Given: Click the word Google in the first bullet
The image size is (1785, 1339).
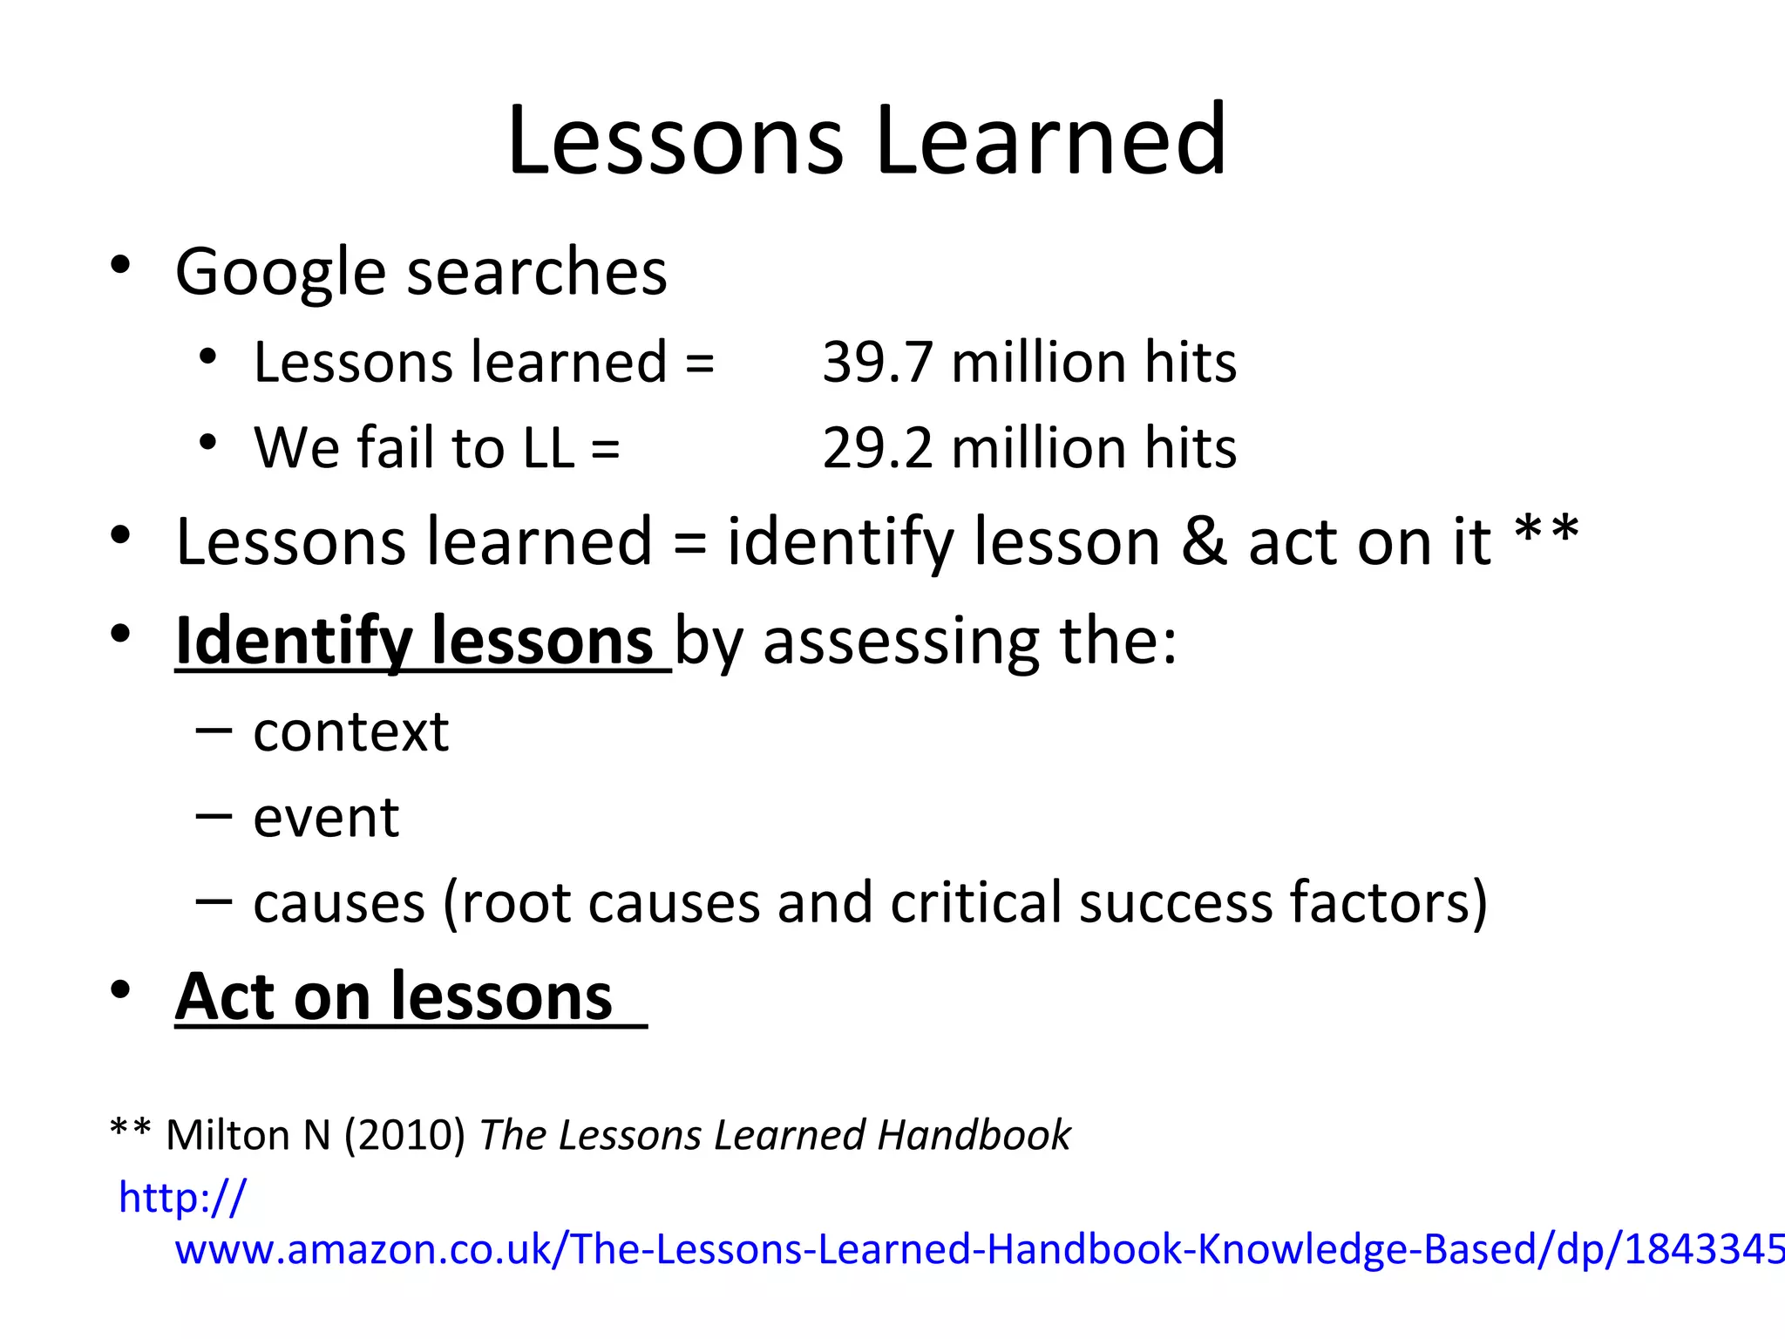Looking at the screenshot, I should pos(281,272).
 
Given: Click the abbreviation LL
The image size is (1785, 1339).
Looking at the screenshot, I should pos(548,448).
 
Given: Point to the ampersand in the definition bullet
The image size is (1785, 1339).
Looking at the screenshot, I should pos(1204,542).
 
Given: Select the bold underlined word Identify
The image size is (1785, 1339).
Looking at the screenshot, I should pos(293,642).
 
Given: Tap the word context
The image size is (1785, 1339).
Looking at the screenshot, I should pos(350,732).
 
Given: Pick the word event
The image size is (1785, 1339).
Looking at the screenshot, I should pos(326,819).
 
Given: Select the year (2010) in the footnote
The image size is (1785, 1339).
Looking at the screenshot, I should pos(404,1135).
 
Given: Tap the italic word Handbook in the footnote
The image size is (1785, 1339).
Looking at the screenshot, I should pos(974,1135).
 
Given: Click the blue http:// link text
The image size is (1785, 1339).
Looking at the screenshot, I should pos(182,1198).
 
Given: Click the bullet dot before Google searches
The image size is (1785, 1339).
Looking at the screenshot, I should pos(120,264).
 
